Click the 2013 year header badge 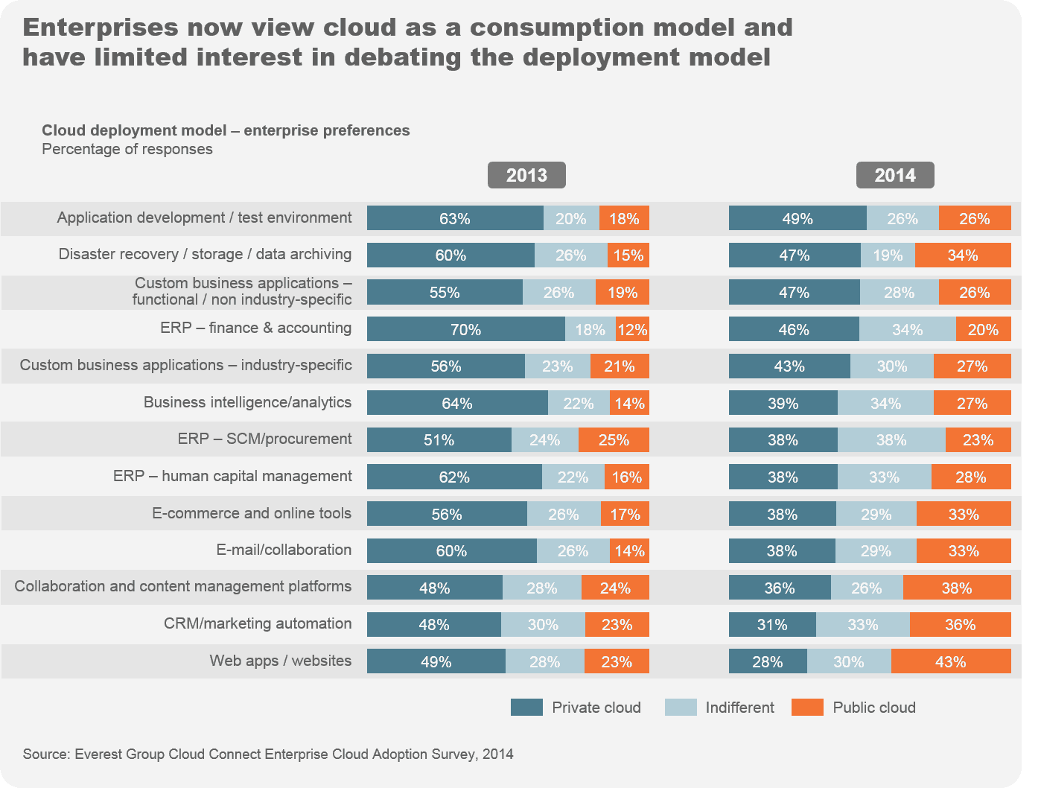click(x=526, y=175)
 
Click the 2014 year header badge click(x=894, y=175)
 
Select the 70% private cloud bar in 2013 click(x=465, y=329)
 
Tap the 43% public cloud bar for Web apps click(x=950, y=661)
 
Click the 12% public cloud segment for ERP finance click(x=632, y=329)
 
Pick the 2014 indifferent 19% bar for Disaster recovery click(x=888, y=255)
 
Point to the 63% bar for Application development click(x=455, y=218)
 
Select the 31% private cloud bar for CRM click(x=772, y=624)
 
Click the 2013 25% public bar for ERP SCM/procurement click(x=614, y=440)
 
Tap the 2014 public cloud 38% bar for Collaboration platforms click(x=956, y=588)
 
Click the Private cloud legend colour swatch click(x=526, y=708)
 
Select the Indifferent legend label click(x=739, y=708)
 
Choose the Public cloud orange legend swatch click(x=807, y=708)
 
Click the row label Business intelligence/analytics click(x=247, y=402)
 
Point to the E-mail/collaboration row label click(x=284, y=550)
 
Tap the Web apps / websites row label click(x=280, y=661)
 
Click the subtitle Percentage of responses click(x=127, y=149)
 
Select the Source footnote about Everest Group click(x=268, y=754)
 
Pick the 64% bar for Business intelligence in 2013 click(x=457, y=403)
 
